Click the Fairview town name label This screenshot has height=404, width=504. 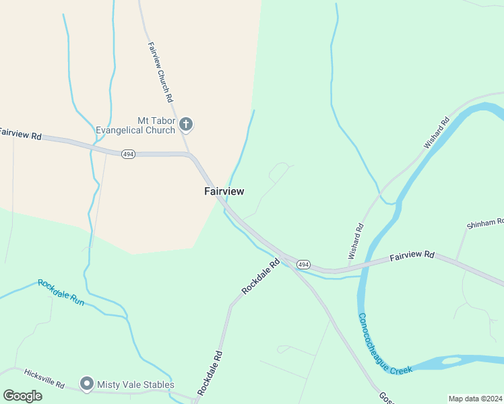tap(224, 191)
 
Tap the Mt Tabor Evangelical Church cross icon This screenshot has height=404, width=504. tap(186, 125)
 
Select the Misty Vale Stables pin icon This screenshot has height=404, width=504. tap(86, 384)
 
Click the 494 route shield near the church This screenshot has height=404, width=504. tap(128, 154)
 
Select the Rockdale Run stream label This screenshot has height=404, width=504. tap(61, 292)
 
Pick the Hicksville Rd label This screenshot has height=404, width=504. tap(44, 378)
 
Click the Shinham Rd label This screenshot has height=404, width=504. tap(485, 224)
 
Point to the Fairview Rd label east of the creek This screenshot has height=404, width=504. tap(412, 255)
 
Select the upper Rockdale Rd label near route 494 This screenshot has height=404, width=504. tap(260, 277)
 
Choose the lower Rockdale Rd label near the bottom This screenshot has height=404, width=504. tap(210, 372)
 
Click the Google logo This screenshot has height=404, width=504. tap(22, 395)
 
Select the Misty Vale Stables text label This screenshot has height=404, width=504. tap(135, 384)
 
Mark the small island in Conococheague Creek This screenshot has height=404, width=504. tap(451, 362)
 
